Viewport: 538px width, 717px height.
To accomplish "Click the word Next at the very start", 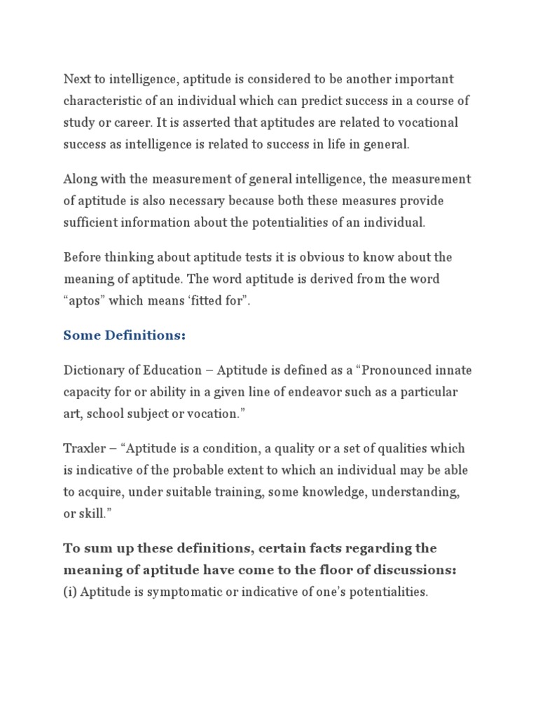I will tap(77, 79).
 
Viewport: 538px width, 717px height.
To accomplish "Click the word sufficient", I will tap(91, 223).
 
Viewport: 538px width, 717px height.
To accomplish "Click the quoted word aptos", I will tap(88, 300).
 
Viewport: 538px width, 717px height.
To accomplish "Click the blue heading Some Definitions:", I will tap(124, 335).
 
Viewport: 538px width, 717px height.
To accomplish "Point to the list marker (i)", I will tap(70, 592).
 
